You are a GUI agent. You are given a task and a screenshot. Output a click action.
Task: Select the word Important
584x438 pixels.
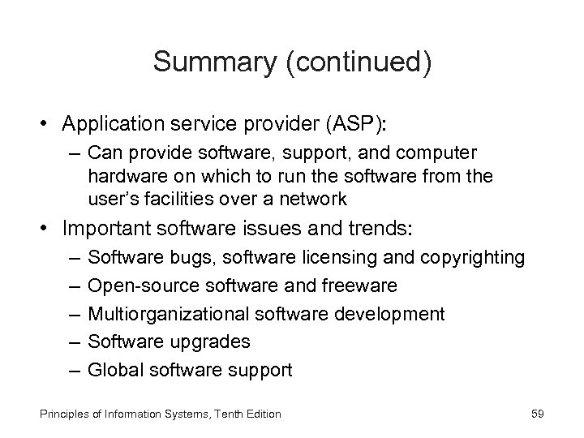coord(105,228)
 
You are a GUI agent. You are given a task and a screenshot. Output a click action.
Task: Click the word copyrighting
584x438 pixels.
coord(474,258)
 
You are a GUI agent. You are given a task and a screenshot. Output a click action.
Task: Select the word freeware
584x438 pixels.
coord(361,286)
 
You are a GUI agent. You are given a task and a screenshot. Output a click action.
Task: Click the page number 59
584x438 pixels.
coord(537,414)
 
